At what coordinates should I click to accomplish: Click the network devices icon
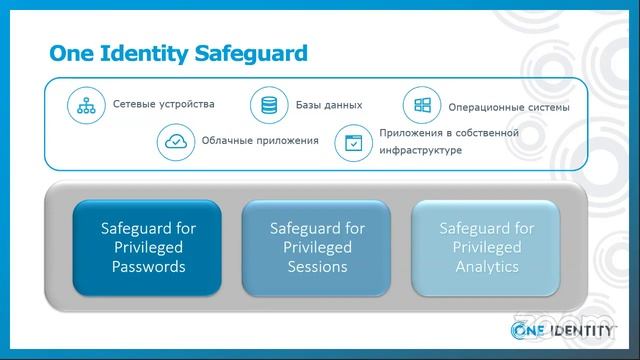(86, 105)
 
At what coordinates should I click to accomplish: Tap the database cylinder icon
(268, 105)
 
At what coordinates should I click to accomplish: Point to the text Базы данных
(328, 104)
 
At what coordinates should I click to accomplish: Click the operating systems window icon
(422, 105)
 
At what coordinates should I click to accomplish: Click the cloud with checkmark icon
(175, 141)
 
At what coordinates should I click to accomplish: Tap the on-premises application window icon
(352, 142)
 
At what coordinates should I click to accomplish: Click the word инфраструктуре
(421, 151)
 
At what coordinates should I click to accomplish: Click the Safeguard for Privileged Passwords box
(149, 247)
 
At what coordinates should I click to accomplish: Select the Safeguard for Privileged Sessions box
(318, 247)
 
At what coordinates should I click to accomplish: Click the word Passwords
(149, 267)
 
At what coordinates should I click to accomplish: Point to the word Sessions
(318, 267)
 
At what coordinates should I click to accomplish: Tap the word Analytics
(487, 267)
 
